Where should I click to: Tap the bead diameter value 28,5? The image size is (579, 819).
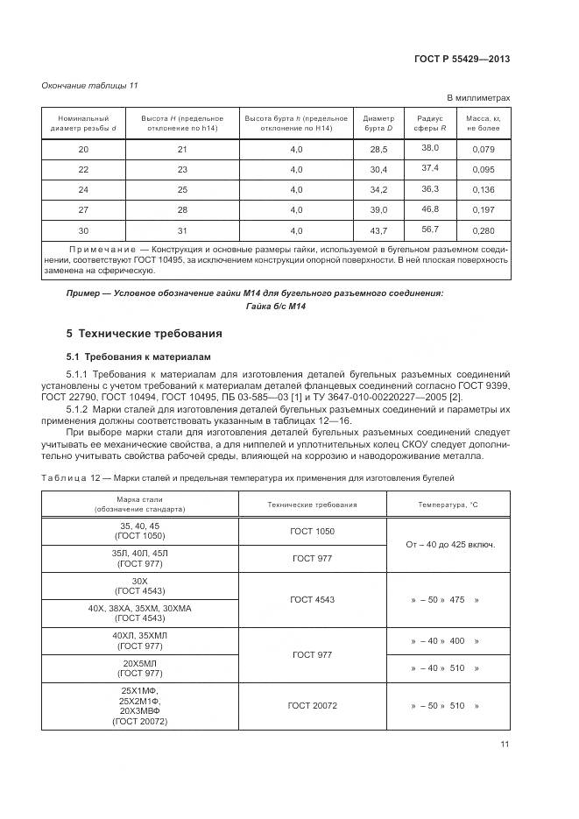coord(378,150)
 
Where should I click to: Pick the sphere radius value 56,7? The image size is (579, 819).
coord(430,229)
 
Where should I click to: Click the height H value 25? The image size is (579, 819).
coord(182,190)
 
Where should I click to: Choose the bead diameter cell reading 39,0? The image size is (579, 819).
coord(378,210)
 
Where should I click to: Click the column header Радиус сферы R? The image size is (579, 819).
coord(430,123)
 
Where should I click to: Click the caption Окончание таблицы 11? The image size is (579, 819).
coord(90,85)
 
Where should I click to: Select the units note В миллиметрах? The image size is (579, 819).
coord(478,98)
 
